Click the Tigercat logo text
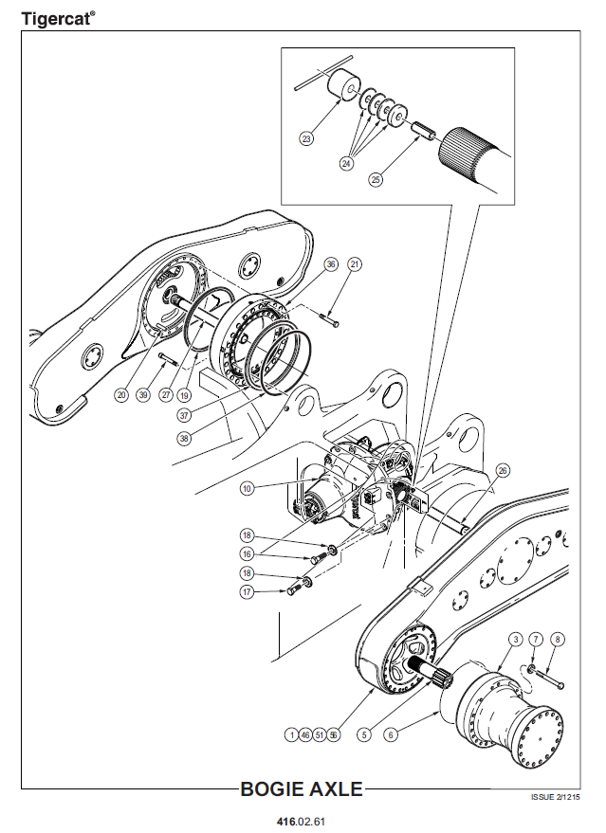(x=58, y=19)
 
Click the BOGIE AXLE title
(x=302, y=788)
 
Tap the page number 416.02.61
(x=301, y=822)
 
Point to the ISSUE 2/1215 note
(x=556, y=797)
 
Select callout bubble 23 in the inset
(x=306, y=139)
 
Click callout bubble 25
(x=376, y=179)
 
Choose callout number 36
(x=331, y=264)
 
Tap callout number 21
(x=355, y=264)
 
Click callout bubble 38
(x=185, y=438)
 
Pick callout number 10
(x=248, y=488)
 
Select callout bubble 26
(x=503, y=470)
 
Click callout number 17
(x=247, y=591)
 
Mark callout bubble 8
(x=557, y=639)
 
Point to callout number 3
(x=515, y=639)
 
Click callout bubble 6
(x=391, y=734)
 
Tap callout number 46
(x=305, y=734)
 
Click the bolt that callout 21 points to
(x=330, y=321)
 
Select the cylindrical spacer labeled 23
(x=343, y=84)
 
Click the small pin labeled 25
(x=425, y=131)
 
